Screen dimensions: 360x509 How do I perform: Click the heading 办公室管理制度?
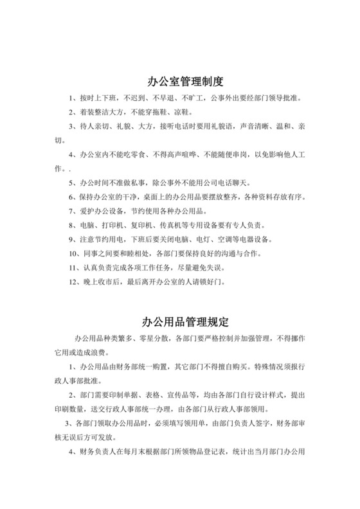pyautogui.click(x=180, y=82)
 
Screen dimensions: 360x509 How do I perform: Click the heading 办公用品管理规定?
pyautogui.click(x=180, y=321)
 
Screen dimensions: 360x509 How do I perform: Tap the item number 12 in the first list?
pyautogui.click(x=72, y=281)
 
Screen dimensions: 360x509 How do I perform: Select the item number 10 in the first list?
pyautogui.click(x=72, y=254)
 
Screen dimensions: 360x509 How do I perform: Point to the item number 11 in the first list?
pyautogui.click(x=72, y=268)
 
